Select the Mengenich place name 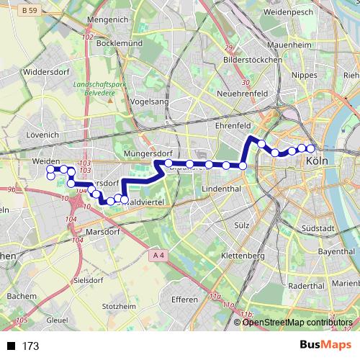[x=106, y=20]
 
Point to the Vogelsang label [x=150, y=102]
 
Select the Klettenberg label [x=244, y=256]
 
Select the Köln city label [x=317, y=161]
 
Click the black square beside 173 [x=11, y=346]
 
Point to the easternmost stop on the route [x=311, y=148]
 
